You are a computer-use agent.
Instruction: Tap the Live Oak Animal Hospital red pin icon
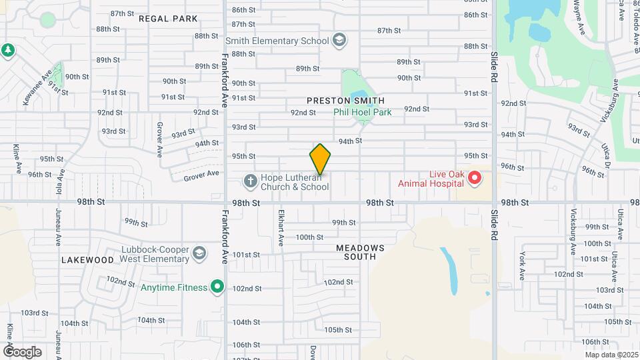click(474, 177)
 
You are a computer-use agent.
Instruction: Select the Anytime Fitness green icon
click(217, 287)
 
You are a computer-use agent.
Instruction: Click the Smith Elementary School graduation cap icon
click(339, 41)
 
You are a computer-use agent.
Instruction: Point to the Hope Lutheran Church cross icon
click(250, 181)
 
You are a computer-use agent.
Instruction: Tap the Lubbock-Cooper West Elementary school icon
click(199, 254)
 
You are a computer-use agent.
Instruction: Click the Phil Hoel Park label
click(363, 112)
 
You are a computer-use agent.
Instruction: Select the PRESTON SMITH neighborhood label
click(345, 101)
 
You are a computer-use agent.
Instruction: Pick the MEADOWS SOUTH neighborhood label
click(360, 253)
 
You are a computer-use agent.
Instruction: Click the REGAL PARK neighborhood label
click(168, 19)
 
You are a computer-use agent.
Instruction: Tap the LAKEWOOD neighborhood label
click(87, 260)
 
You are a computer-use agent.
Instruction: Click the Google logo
click(22, 351)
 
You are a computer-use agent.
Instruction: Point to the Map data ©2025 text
click(611, 355)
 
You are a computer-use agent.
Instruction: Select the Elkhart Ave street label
click(281, 227)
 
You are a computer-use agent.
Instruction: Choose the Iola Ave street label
click(61, 180)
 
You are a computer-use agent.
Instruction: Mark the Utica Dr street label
click(607, 157)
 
